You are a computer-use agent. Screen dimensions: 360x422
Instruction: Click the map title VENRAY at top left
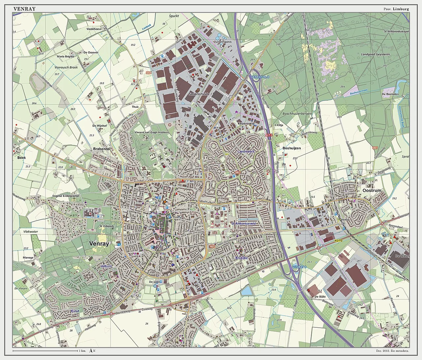(x=24, y=9)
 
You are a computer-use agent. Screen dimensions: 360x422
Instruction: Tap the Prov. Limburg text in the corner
(x=396, y=9)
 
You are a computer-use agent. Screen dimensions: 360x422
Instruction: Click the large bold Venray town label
(x=99, y=244)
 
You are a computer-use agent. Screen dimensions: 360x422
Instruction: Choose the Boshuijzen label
(x=292, y=148)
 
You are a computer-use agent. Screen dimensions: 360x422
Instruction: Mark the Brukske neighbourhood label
(x=242, y=258)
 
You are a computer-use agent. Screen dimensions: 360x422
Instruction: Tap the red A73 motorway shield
(x=268, y=135)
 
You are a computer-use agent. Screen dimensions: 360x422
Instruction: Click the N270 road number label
(x=338, y=241)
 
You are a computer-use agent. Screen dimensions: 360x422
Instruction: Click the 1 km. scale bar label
(x=82, y=351)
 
